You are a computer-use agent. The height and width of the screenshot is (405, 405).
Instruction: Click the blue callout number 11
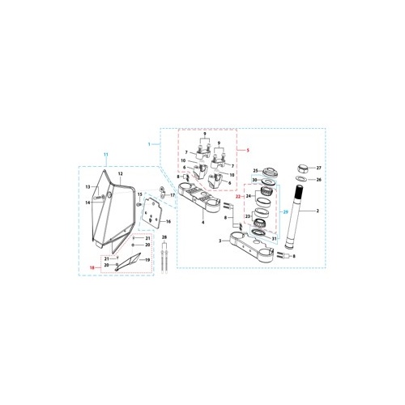[104, 154]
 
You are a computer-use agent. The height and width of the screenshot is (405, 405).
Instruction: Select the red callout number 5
[248, 150]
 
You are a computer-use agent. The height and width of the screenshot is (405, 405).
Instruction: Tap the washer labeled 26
[299, 179]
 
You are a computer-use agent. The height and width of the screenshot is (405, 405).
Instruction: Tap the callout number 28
[164, 238]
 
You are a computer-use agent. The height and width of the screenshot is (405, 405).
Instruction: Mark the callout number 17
[173, 195]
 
